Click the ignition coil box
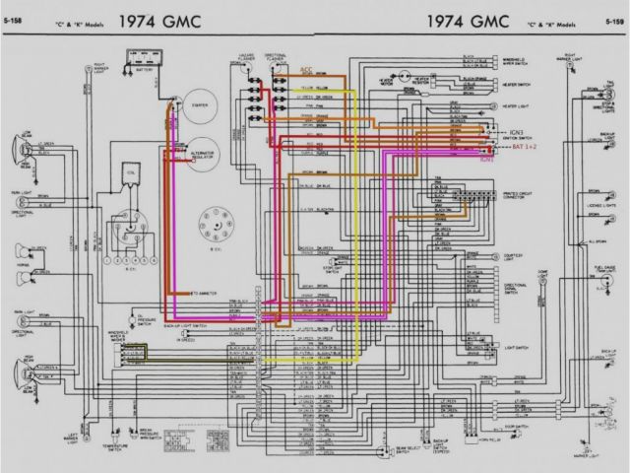(124, 181)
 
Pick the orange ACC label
(306, 71)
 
